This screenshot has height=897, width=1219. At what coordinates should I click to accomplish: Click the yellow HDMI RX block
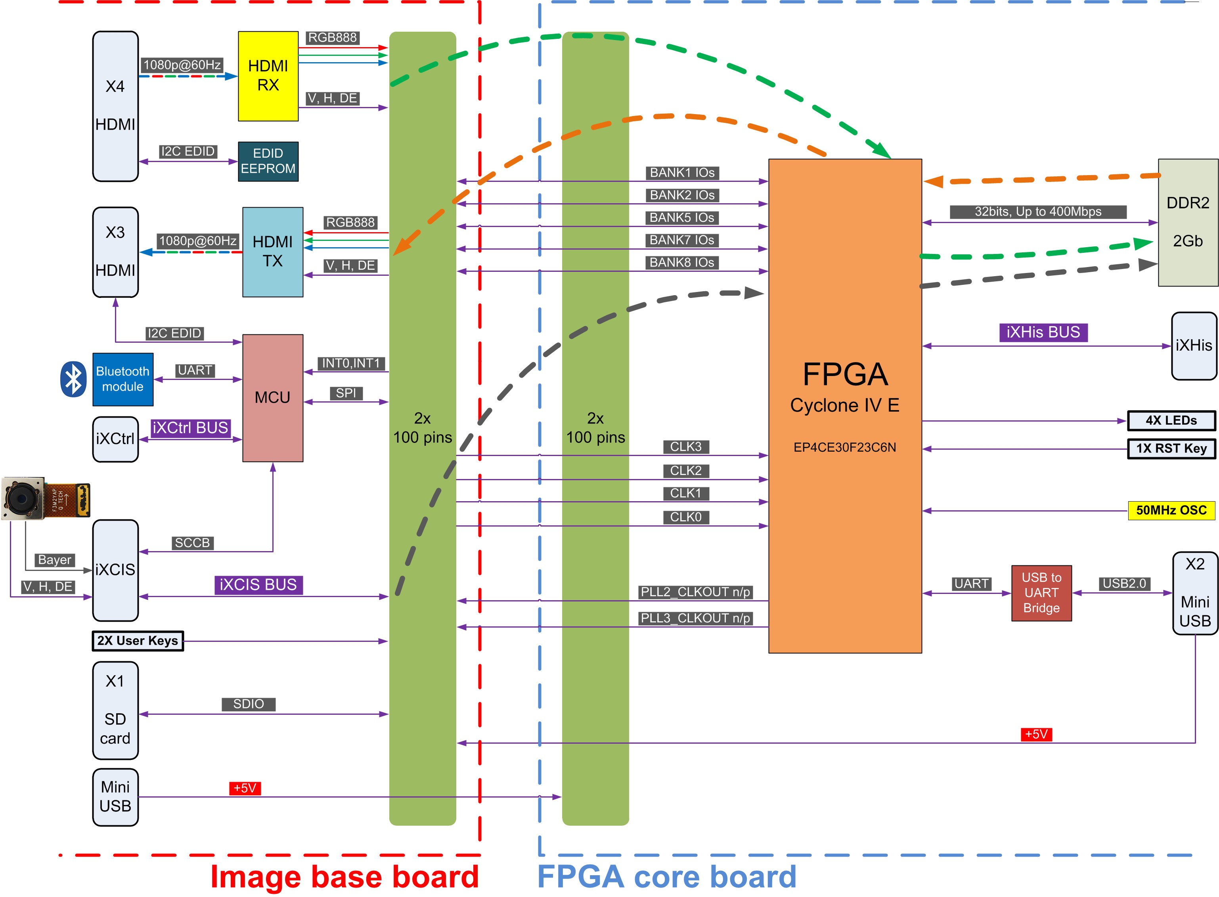268,76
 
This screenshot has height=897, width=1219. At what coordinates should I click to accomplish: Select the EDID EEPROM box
268,161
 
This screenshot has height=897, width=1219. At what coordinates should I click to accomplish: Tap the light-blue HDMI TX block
272,252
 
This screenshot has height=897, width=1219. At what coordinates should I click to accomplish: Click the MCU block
272,397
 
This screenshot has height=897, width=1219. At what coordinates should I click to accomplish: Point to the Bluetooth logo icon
73,379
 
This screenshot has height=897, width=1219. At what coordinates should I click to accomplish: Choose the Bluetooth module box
123,379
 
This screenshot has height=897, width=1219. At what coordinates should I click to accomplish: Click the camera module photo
45,498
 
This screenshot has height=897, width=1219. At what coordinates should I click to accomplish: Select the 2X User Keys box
138,641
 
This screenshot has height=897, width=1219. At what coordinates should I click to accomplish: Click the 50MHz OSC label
1171,510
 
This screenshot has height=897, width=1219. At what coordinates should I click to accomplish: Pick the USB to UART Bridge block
1041,593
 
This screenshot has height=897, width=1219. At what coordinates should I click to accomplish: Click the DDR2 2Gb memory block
1188,222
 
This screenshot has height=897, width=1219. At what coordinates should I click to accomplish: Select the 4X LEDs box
1171,420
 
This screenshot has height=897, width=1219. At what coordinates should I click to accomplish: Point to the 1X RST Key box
1171,448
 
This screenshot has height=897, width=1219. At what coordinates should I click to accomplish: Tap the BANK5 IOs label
682,218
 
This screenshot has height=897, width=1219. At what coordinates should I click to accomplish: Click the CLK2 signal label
685,471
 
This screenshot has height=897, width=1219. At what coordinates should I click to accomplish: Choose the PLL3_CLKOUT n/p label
695,618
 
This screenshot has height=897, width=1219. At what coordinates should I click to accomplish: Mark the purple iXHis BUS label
1043,332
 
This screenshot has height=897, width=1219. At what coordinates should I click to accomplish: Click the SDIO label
248,704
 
